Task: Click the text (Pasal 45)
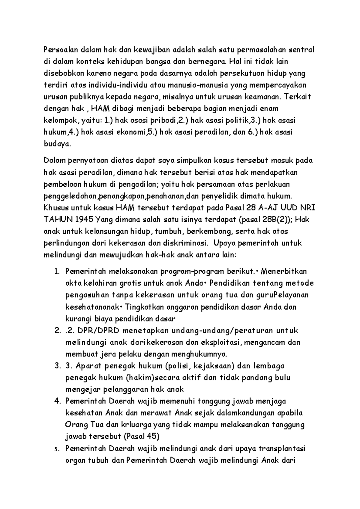tap(141, 436)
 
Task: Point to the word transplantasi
tap(282, 449)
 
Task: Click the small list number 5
tap(56, 449)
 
